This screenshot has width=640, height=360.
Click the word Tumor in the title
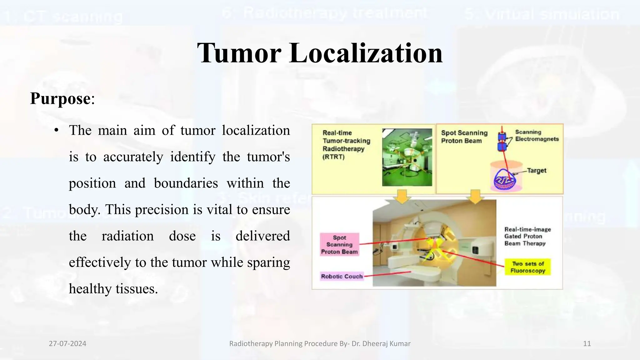point(239,53)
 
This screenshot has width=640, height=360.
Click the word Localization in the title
point(366,53)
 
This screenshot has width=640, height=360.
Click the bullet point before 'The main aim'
point(56,130)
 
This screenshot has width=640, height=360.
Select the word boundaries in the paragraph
point(186,183)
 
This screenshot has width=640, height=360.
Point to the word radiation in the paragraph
point(127,236)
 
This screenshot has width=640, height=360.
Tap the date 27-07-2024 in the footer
point(67,344)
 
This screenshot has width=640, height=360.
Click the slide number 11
point(587,344)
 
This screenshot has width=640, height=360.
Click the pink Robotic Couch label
point(342,276)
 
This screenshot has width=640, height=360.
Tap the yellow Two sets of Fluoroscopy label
point(528,267)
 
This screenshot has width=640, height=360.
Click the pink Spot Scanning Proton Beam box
point(339,245)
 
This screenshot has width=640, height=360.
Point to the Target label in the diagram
point(537,171)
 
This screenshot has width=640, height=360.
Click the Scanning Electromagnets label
point(537,136)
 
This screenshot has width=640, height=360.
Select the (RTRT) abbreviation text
point(333,157)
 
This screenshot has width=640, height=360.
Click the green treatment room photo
point(407,157)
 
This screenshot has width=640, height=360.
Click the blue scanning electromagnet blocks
point(502,142)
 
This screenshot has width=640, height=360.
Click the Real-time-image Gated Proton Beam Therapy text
point(527,237)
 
